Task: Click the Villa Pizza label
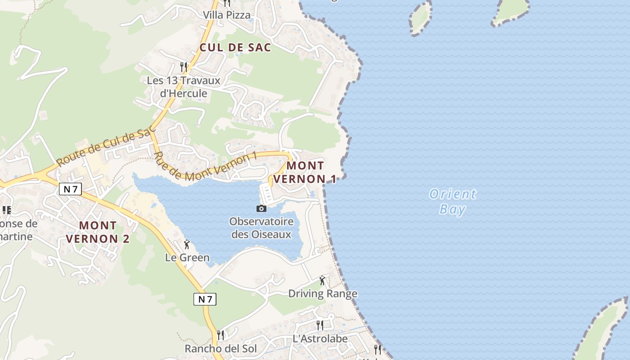[x=226, y=15]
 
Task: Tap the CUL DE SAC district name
[x=235, y=47]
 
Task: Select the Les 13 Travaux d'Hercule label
[x=184, y=87]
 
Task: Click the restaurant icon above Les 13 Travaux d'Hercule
[x=183, y=67]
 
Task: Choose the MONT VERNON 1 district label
[x=305, y=172]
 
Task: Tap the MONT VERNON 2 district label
[x=98, y=232]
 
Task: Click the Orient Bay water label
[x=452, y=202]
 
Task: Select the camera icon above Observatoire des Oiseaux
[x=261, y=208]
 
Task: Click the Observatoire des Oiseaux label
[x=261, y=228]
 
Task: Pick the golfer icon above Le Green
[x=187, y=244]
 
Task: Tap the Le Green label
[x=187, y=258]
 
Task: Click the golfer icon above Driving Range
[x=322, y=281]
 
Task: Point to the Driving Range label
[x=323, y=294]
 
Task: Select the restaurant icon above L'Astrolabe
[x=320, y=325]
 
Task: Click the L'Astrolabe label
[x=320, y=338]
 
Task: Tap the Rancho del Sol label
[x=220, y=349]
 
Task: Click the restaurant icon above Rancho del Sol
[x=220, y=335]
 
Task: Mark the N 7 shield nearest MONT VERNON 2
[x=70, y=189]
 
